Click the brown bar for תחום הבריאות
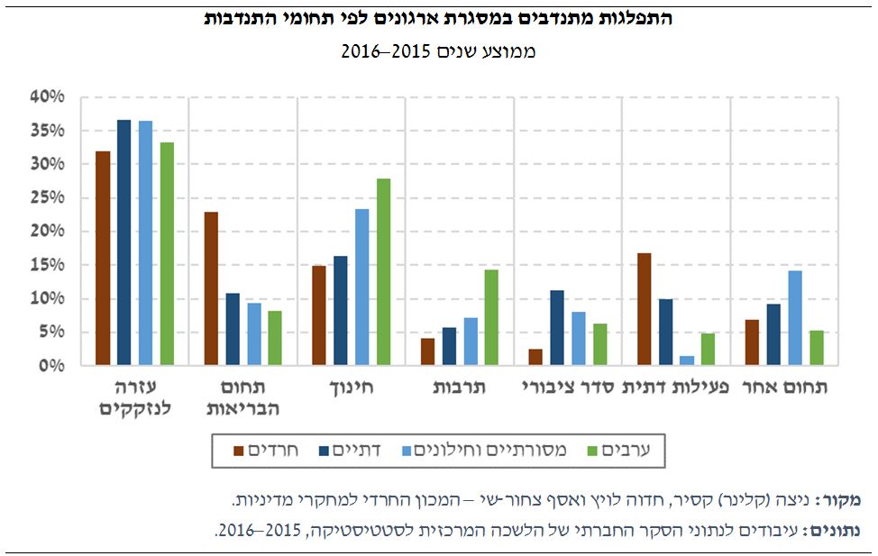point(211,288)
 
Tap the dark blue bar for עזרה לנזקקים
point(124,242)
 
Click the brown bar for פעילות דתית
point(644,309)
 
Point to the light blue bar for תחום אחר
point(795,318)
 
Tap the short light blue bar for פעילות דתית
point(687,360)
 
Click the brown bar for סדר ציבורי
point(535,357)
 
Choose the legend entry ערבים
point(630,450)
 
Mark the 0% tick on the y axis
point(50,366)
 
